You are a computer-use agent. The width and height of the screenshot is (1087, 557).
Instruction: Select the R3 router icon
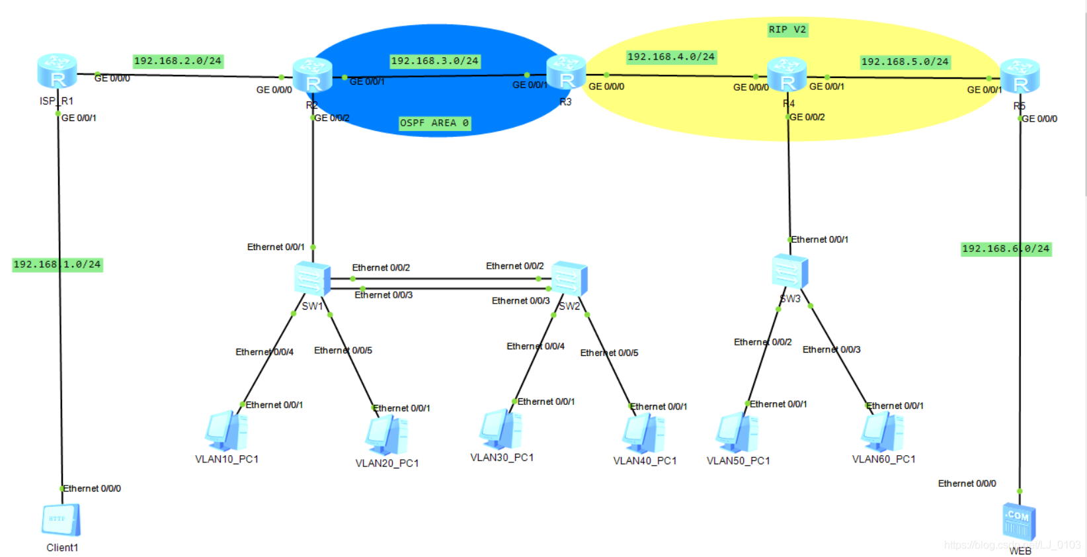coord(566,72)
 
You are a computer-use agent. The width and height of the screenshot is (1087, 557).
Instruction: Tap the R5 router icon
coord(1020,76)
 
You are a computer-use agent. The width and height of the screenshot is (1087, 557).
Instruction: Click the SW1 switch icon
coord(312,278)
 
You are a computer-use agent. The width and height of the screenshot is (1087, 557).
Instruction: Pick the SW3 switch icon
coord(789,271)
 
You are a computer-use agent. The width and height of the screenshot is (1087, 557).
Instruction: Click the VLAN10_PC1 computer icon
coord(226,431)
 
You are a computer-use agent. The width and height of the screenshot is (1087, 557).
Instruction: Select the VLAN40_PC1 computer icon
coord(643,433)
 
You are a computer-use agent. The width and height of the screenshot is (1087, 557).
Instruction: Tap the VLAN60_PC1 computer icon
coord(882,431)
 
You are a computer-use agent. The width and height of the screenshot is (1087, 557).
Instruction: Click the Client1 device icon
coord(61,520)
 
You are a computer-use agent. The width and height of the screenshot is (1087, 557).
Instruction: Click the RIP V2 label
coord(787,30)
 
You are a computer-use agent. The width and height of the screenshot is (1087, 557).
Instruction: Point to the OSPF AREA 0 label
coord(434,123)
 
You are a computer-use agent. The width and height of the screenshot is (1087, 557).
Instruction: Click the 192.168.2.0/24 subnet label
coord(177,61)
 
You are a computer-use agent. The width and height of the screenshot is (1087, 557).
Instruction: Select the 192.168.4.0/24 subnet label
coord(670,57)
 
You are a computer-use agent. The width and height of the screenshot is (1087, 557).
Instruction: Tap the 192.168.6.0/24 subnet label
coord(1005,249)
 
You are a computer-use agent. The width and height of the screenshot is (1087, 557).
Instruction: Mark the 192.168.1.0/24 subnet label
coord(57,265)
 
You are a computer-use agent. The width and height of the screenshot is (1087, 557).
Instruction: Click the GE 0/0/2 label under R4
coord(807,117)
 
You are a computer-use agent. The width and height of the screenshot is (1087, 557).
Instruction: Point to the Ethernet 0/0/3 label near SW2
coord(520,301)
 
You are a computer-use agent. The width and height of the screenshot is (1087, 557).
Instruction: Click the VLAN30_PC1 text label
coord(502,458)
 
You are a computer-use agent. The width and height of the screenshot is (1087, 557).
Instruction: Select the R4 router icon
coord(786,75)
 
